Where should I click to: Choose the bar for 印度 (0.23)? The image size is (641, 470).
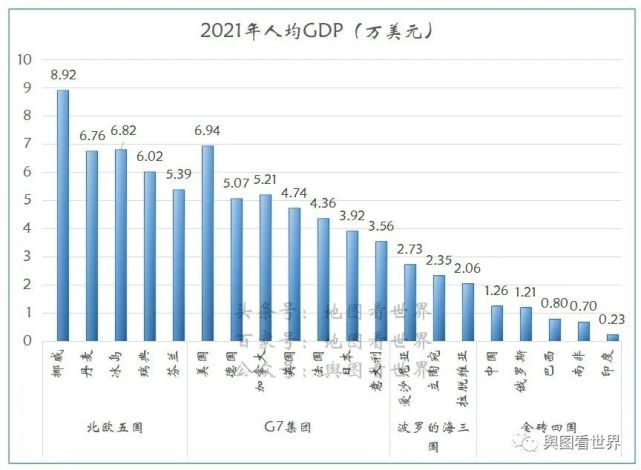tap(613, 337)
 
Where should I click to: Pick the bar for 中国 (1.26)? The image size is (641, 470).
tap(497, 323)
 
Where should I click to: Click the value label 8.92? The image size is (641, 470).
tap(63, 75)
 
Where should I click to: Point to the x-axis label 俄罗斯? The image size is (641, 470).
tap(526, 366)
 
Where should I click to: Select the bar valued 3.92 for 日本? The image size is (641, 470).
tap(352, 286)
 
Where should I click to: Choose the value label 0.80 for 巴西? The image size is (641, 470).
tap(555, 303)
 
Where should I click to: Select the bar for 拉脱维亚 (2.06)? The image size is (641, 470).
tap(468, 312)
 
